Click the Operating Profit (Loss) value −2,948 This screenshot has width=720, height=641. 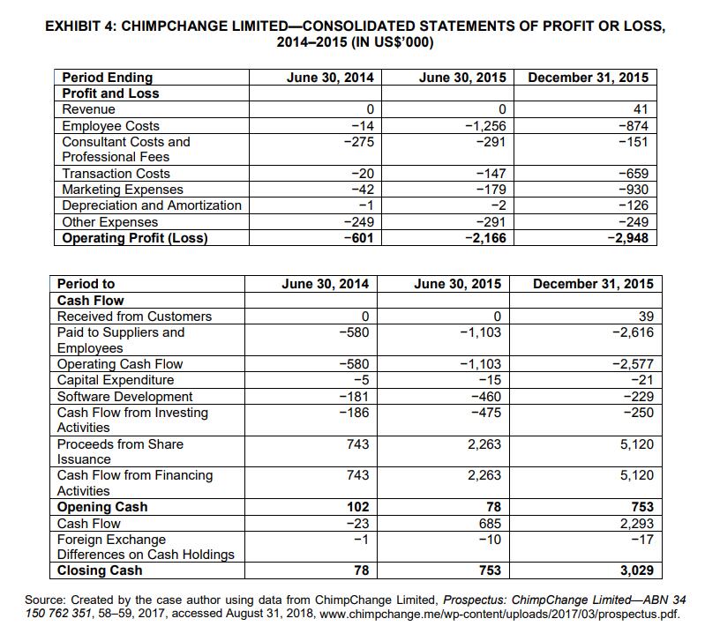pos(628,237)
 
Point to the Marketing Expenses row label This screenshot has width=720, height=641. pos(123,190)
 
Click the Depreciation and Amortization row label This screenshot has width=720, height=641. pos(151,205)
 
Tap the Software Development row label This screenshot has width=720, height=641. pos(124,397)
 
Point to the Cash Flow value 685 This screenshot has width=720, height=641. pos(489,523)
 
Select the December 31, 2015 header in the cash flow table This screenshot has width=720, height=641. pos(594,284)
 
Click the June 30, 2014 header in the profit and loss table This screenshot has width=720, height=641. pos(330,78)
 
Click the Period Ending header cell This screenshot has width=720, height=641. pos(107,78)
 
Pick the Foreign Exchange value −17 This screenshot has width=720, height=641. pos(640,539)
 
